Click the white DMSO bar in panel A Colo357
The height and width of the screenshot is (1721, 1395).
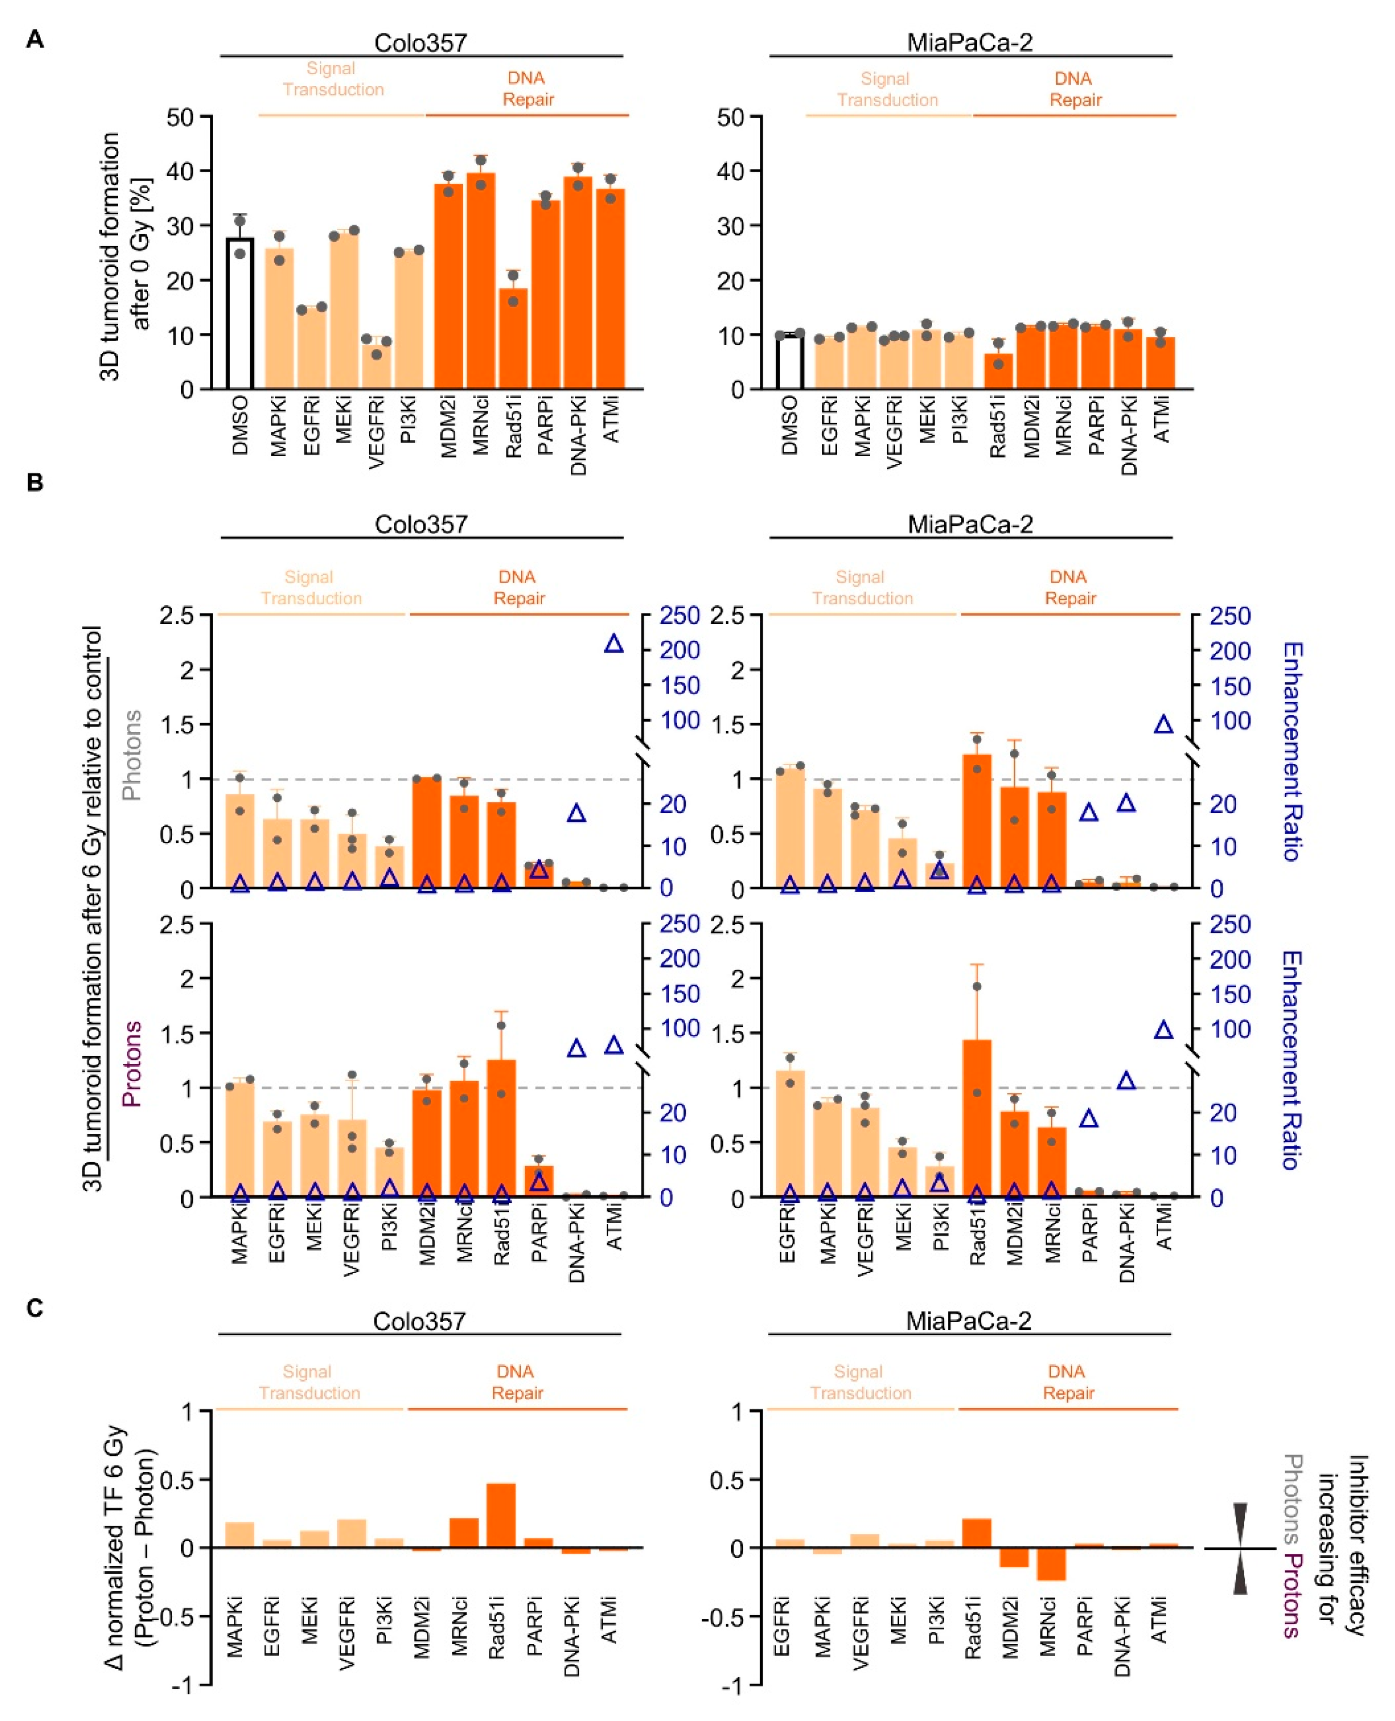(x=239, y=315)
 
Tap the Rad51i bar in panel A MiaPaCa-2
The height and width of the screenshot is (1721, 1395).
(x=998, y=371)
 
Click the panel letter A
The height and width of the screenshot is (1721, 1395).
(x=34, y=39)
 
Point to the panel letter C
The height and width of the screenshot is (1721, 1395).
(x=34, y=1308)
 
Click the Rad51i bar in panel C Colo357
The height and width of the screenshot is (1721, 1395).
(x=501, y=1515)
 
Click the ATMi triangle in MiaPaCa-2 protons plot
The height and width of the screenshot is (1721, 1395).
(x=1163, y=1030)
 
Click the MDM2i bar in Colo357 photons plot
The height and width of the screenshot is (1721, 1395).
(x=427, y=832)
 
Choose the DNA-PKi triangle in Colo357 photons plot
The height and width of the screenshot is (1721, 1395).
(x=576, y=813)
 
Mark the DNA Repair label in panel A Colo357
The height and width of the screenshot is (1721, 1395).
(x=527, y=88)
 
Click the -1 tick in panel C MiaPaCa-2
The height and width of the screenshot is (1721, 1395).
(x=733, y=1686)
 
